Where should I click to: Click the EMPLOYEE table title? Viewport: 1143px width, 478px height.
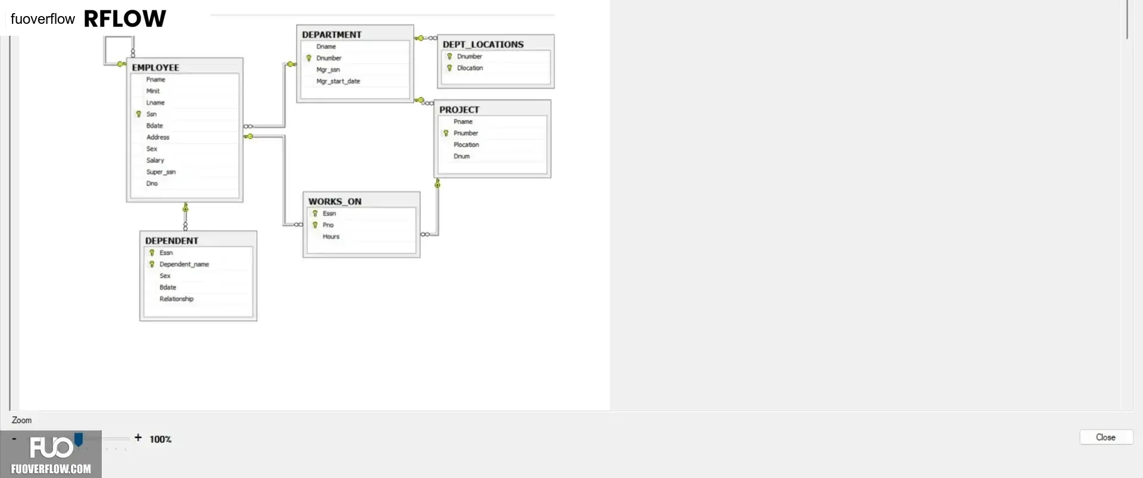point(155,68)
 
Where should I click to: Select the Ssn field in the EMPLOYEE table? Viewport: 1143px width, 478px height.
point(151,114)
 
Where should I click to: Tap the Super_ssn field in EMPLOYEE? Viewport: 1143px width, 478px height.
point(161,172)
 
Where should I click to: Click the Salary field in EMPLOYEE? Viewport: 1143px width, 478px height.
point(155,161)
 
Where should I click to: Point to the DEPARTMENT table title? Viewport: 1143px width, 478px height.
point(332,35)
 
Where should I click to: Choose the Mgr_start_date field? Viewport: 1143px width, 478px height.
point(338,82)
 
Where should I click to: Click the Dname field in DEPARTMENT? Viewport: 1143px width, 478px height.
point(326,46)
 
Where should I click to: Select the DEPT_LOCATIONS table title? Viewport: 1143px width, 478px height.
point(483,45)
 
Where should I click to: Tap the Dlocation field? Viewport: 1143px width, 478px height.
point(470,68)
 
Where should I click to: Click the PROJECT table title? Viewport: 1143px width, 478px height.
point(459,110)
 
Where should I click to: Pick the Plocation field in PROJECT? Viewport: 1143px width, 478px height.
point(466,145)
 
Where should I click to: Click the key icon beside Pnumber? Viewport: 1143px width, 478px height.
point(446,133)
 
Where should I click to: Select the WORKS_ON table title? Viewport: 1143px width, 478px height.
point(335,202)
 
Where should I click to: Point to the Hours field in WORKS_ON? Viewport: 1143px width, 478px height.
point(331,237)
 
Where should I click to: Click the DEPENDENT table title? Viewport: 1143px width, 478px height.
point(171,241)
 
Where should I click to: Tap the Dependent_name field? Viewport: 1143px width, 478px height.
point(184,264)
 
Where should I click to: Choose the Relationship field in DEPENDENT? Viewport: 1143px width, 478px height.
point(176,299)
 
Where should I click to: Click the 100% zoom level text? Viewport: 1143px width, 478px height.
point(161,439)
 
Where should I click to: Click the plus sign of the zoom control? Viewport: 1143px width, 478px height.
point(138,438)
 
